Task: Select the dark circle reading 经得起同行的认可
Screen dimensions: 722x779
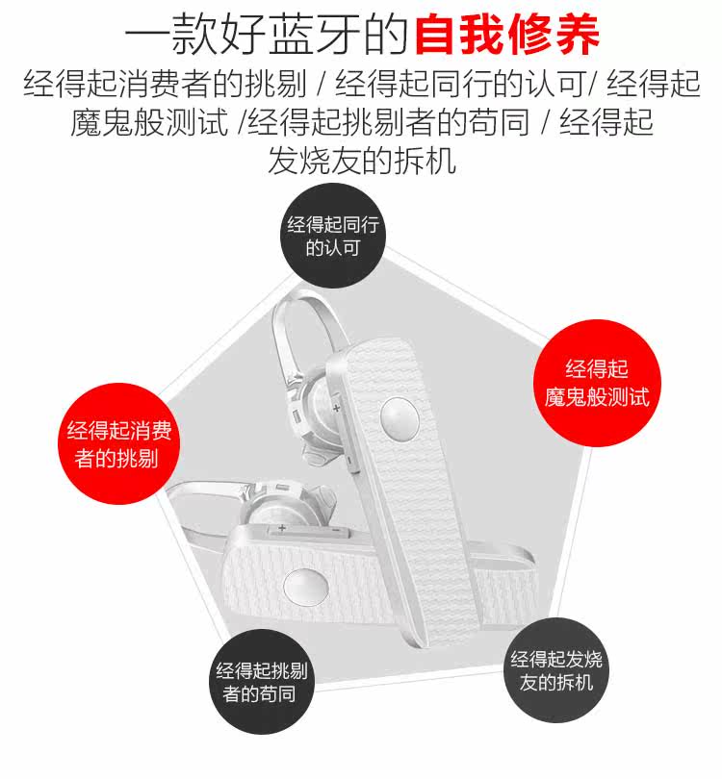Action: click(x=334, y=236)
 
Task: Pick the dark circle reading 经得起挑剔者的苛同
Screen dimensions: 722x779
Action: click(x=261, y=682)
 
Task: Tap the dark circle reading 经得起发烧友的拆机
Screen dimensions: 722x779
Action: click(x=557, y=671)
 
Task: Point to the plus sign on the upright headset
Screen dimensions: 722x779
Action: click(x=337, y=408)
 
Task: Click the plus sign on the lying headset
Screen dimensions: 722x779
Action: click(x=282, y=528)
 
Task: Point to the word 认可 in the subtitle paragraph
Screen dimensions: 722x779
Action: click(x=556, y=85)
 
